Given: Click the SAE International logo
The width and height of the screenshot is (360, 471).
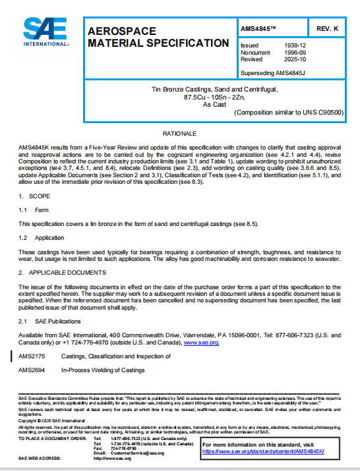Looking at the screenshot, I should (45, 31).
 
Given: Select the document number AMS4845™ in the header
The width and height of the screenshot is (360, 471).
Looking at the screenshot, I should (260, 30).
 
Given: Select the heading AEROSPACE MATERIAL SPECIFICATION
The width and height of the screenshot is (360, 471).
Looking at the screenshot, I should (158, 37).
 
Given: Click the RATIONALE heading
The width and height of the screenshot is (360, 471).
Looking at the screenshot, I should (179, 133).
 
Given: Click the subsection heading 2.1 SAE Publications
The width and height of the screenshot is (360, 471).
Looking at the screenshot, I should (49, 321).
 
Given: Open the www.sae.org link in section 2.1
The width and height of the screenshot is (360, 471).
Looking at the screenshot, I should (201, 343).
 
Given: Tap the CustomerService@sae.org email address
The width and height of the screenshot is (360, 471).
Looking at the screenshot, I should (138, 453).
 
